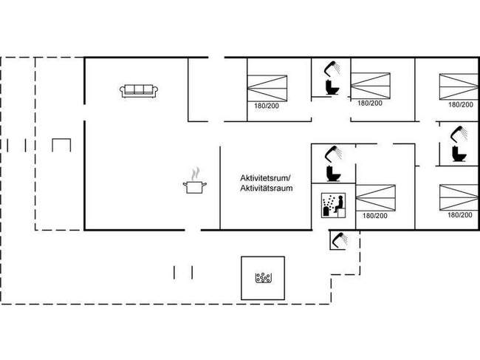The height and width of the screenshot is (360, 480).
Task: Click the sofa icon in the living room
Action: point(139,90)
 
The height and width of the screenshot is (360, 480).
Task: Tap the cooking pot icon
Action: point(195,187)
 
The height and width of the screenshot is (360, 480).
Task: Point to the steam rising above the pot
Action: point(195,174)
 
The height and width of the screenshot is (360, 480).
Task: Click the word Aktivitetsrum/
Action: point(266,178)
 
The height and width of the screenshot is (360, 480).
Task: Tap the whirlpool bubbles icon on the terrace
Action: point(263,278)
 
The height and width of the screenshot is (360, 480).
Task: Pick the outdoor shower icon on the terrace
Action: point(340,240)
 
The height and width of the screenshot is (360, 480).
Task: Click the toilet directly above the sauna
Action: point(331,173)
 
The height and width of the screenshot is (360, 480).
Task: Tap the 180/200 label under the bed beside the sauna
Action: point(375,216)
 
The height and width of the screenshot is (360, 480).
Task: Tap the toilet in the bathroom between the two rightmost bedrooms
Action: point(458,154)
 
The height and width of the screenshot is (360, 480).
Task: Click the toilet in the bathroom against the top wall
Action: point(332,86)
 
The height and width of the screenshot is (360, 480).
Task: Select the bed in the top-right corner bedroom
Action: point(459,86)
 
